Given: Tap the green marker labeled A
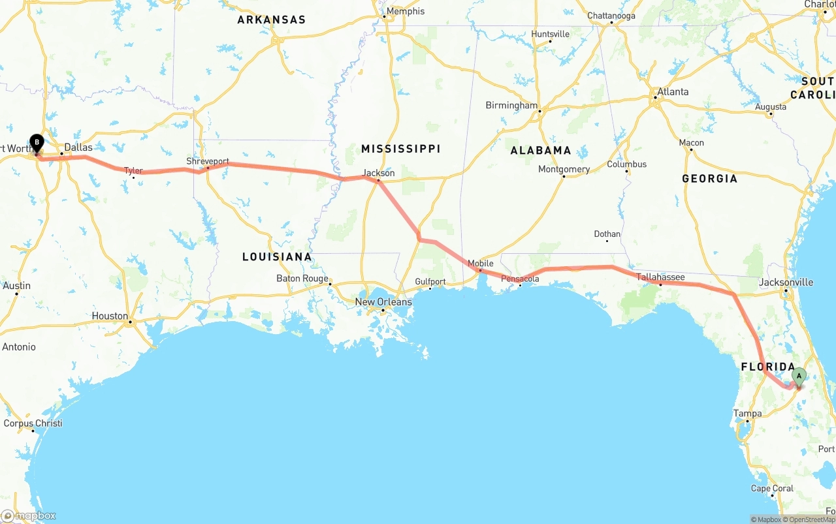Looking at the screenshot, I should point(799,377).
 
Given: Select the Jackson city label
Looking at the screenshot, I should point(379,173).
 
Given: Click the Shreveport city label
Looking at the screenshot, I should point(208,161).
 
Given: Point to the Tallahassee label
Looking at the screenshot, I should point(661,277).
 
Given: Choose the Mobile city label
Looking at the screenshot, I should point(481,264).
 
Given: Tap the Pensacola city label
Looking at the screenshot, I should point(520,279).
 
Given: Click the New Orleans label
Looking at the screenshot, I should point(383,302).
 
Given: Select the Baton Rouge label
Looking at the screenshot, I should point(302,279).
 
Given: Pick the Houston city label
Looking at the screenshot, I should point(110,316).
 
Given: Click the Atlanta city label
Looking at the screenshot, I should point(673,92).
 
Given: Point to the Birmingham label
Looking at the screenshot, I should point(511,106).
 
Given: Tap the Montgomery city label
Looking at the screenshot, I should point(564,170).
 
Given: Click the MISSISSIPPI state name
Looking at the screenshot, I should point(401,149).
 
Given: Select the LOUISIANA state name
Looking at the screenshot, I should point(277,256).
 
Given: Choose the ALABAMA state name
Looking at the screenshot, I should point(541,150).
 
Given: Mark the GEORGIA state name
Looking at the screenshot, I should point(709,178).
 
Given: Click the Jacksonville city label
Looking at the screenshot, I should point(786,283).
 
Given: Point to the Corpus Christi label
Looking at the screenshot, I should point(33,424).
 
